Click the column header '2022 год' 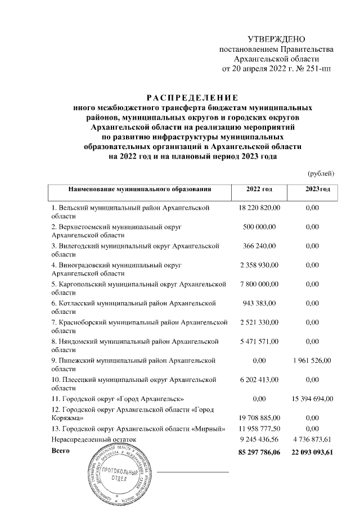point(259,190)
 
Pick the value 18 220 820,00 point(259,208)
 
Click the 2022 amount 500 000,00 point(259,227)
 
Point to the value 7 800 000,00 point(259,284)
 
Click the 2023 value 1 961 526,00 point(311,361)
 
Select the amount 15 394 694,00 point(311,399)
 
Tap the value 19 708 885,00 point(259,418)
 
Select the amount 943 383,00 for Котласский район point(259,303)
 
